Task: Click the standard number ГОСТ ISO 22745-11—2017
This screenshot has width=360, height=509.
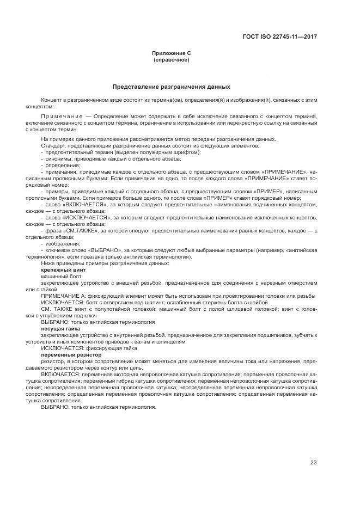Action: pos(280,36)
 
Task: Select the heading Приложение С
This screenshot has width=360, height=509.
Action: pos(171,53)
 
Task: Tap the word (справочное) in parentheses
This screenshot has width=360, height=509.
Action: pos(171,59)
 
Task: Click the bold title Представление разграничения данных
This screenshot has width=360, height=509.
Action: pos(171,87)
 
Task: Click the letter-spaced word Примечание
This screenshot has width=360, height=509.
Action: pos(58,116)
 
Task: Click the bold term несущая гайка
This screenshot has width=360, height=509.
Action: pos(60,329)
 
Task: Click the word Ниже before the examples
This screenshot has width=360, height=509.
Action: pos(48,263)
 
